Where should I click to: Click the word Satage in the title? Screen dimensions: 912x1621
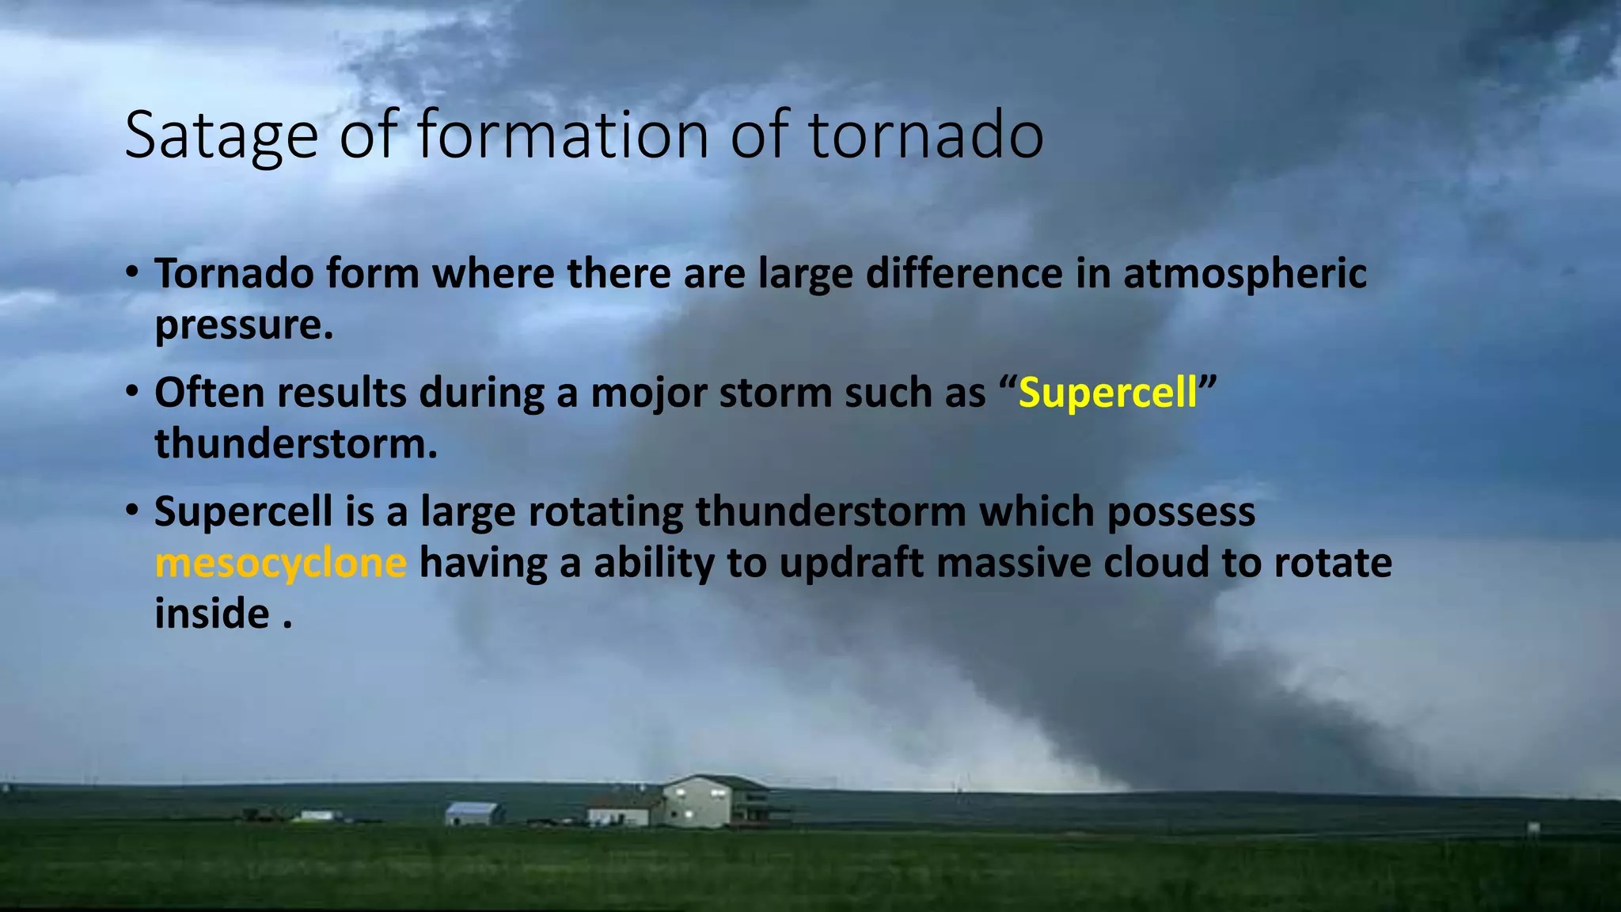click(221, 136)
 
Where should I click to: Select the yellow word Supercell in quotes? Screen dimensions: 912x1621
click(1108, 393)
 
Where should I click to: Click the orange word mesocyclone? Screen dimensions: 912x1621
click(281, 564)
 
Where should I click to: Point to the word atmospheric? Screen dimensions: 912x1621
click(1244, 275)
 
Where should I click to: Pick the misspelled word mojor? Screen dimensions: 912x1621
click(648, 393)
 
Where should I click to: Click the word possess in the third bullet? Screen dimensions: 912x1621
click(1181, 512)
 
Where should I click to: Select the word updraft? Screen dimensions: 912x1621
click(851, 564)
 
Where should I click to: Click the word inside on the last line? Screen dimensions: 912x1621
click(212, 614)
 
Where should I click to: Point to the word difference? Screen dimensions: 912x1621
click(963, 274)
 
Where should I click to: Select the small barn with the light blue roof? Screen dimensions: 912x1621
click(473, 813)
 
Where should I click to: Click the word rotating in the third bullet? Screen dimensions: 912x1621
click(606, 512)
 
